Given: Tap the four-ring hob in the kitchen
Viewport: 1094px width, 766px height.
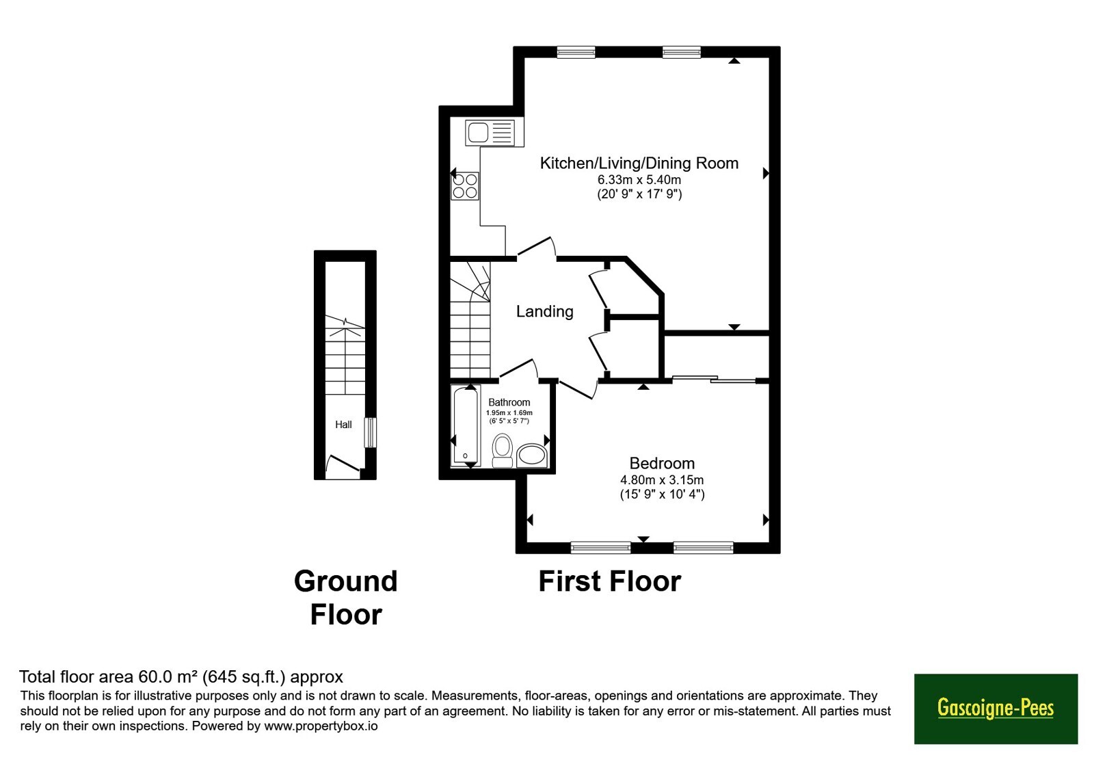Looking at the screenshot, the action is (465, 186).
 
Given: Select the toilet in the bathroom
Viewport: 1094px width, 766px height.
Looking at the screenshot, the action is (502, 450).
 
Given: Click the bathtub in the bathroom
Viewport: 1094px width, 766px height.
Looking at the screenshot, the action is (466, 425).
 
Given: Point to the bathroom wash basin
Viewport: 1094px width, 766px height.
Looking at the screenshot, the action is (531, 455).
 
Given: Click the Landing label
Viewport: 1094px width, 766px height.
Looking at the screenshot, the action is (544, 312).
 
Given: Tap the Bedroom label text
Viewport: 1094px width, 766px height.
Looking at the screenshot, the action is (662, 462).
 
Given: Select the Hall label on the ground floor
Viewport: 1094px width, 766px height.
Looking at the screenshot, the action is (343, 425).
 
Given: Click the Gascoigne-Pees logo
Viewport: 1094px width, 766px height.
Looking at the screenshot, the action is (996, 709).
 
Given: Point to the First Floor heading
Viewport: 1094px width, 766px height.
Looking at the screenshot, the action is (609, 581).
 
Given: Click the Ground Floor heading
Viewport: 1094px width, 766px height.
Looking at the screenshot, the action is (346, 598).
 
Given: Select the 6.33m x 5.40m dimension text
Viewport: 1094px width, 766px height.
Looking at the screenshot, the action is (639, 180).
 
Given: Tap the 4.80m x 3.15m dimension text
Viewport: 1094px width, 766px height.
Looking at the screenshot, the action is (662, 480).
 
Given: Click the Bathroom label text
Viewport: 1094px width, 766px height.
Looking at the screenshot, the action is (509, 402).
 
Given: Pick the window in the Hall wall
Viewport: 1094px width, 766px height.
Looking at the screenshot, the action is (371, 432).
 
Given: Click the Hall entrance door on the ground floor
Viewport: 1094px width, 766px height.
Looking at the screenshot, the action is (343, 464).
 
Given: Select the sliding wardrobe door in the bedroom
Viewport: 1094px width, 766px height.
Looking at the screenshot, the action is (714, 379).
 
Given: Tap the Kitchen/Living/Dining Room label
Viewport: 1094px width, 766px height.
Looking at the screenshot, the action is (639, 163).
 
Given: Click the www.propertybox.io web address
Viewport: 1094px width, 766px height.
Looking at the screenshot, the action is (321, 726).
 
